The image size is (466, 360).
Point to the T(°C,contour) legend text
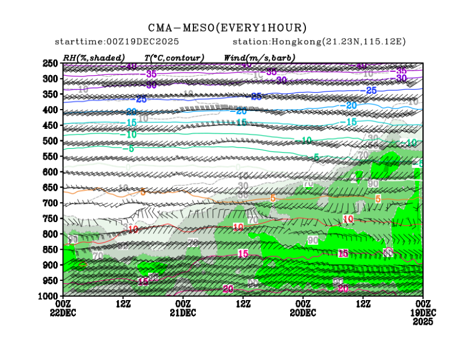tap(174, 58)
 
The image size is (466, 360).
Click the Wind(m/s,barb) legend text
tap(259, 58)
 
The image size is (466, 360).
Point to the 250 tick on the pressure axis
tap(51, 63)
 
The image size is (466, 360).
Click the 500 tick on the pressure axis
tap(51, 141)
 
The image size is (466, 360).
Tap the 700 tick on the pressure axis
tap(51, 203)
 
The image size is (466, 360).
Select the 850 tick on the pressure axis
tap(51, 249)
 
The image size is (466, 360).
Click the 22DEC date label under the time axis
tap(63, 313)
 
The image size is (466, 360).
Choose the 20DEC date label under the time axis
tap(303, 313)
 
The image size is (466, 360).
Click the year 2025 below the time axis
tap(422, 321)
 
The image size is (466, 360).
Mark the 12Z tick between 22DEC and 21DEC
tap(123, 304)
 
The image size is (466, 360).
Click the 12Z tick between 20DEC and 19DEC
tap(363, 304)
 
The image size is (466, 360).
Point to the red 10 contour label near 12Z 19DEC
tap(348, 219)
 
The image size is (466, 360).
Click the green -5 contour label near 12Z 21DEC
tap(131, 149)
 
